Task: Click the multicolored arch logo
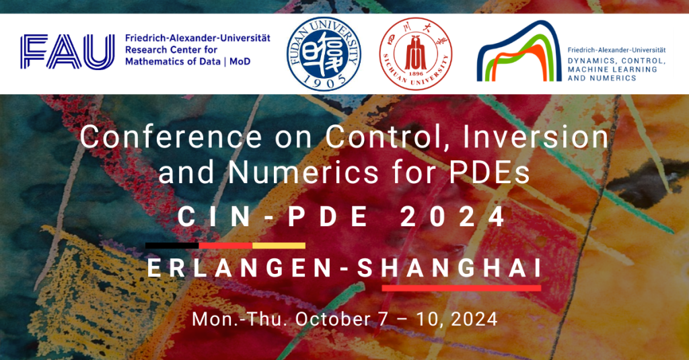518,52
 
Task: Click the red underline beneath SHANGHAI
461,288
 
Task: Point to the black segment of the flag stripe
172,246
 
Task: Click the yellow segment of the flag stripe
279,246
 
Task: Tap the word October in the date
334,318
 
